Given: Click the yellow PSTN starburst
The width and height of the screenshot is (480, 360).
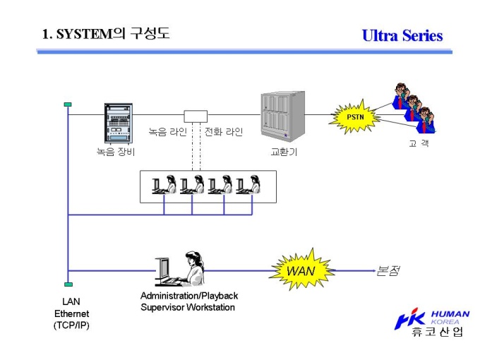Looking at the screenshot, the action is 354,117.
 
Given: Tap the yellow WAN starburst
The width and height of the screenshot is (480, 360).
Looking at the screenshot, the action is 302,270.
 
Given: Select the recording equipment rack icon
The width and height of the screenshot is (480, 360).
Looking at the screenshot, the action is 119,124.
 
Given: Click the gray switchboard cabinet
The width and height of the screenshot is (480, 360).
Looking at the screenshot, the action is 283,116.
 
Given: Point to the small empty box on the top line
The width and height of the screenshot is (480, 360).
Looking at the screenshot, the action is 196,116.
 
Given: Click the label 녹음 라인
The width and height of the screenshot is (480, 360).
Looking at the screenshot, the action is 168,131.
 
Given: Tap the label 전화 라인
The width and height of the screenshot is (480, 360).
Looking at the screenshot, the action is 224,131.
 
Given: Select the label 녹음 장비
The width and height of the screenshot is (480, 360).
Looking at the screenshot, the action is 116,152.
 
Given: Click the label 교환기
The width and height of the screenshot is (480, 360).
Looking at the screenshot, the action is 284,152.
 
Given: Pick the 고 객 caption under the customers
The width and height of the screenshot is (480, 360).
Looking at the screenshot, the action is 419,143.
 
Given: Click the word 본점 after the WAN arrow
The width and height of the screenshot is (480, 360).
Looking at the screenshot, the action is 388,270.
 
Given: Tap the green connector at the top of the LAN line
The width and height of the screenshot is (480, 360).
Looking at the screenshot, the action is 68,104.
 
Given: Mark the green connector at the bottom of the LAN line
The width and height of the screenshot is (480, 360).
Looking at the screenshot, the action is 68,284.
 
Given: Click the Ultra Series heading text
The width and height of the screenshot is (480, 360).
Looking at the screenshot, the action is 402,35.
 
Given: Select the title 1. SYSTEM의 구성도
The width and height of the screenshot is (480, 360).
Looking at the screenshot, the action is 106,33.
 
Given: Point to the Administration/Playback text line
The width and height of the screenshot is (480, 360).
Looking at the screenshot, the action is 189,296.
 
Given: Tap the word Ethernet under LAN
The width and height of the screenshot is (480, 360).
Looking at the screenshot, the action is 71,313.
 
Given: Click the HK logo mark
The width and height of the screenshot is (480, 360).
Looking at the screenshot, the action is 409,319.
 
